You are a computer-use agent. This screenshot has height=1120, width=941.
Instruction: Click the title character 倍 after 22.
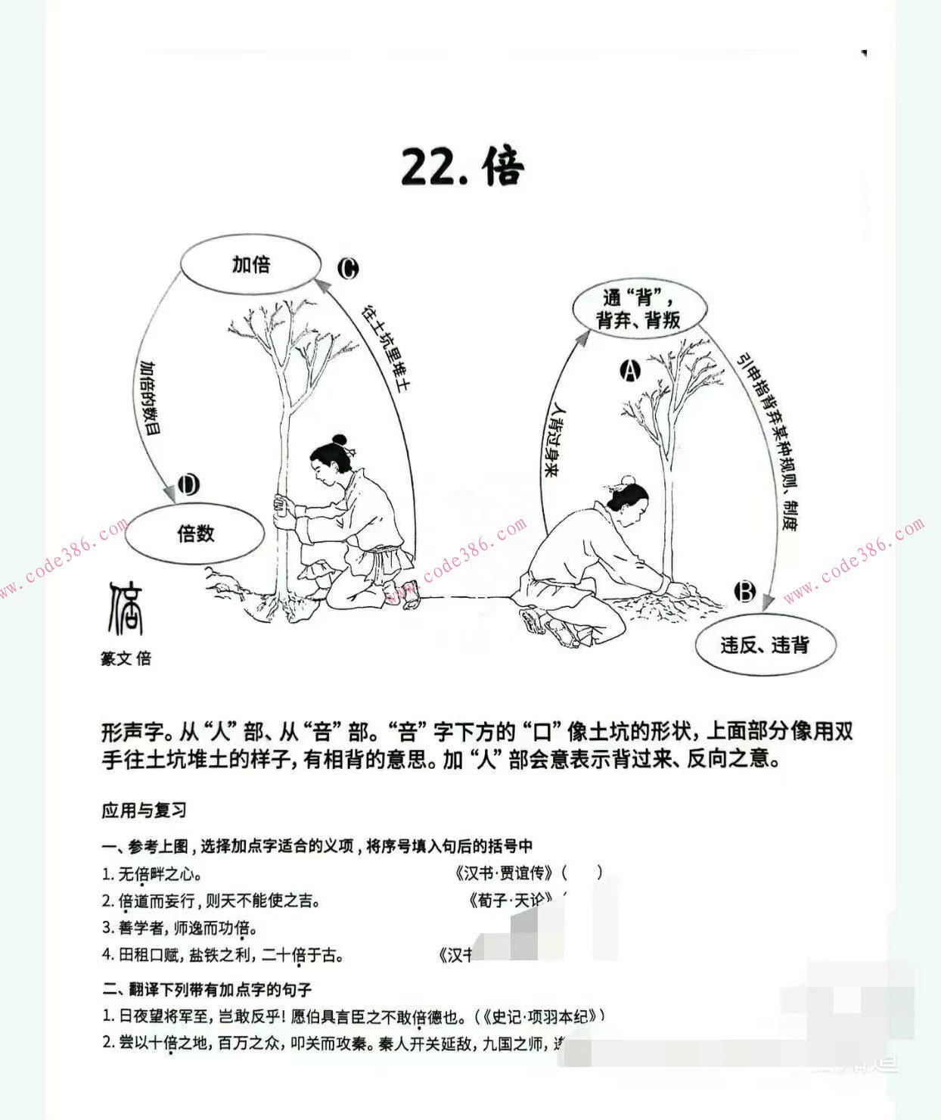(503, 166)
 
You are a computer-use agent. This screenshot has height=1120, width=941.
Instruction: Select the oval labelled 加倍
(250, 264)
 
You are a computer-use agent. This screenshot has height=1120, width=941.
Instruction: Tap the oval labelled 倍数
(195, 534)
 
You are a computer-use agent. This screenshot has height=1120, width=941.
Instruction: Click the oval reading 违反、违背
(764, 645)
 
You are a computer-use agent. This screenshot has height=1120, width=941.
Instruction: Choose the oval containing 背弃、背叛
(639, 309)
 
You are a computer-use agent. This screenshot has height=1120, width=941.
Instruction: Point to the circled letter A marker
(630, 370)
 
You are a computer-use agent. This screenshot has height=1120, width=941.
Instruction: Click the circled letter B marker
(745, 591)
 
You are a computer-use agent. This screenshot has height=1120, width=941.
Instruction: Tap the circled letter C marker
(348, 268)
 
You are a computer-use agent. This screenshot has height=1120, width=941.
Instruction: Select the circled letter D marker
(188, 484)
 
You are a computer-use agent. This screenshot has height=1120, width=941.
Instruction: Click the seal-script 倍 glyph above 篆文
(126, 608)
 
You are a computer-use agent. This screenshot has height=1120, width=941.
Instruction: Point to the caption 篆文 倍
(126, 658)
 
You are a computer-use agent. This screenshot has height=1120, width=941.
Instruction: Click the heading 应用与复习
(144, 810)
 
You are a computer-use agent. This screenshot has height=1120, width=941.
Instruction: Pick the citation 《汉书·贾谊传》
(505, 873)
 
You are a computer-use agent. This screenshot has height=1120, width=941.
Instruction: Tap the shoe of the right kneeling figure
(533, 621)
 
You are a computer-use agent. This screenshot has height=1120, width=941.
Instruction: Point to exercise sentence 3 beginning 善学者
(180, 928)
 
